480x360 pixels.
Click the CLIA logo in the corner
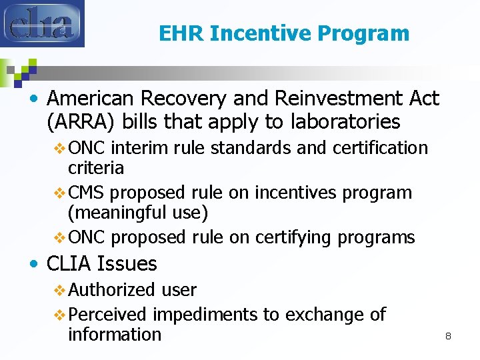coord(43,24)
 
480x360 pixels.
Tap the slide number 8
coord(448,336)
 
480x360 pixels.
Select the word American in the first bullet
coord(91,99)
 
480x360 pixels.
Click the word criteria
coord(96,167)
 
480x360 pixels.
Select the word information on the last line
coord(115,334)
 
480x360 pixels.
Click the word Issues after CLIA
coord(127,264)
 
